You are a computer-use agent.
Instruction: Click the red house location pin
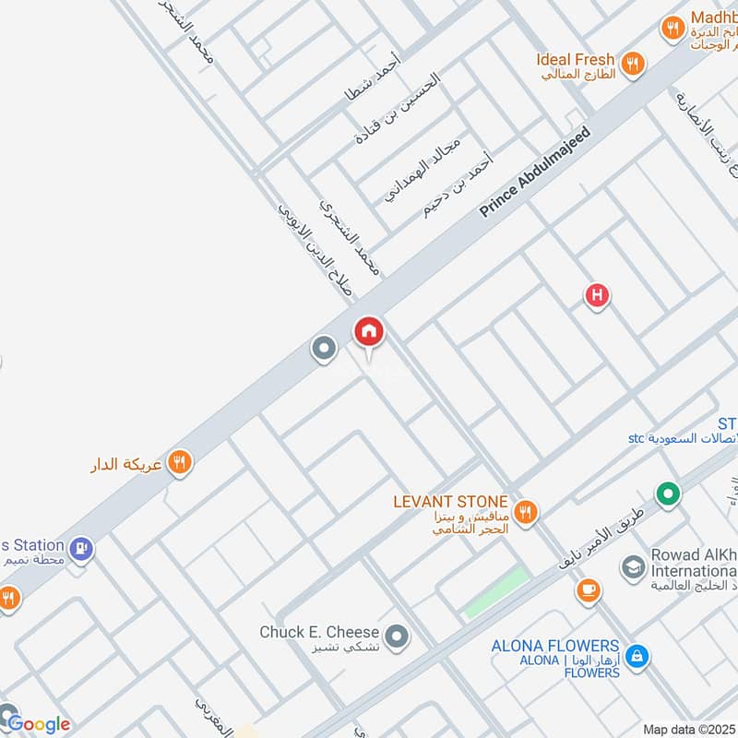coord(369,331)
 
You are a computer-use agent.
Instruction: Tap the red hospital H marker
coord(597,296)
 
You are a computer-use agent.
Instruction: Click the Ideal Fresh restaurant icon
coord(632,63)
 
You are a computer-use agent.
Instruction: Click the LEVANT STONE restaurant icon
coord(526,510)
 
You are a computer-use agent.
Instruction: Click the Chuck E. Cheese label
coord(319,632)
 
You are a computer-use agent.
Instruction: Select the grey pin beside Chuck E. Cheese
coord(397,636)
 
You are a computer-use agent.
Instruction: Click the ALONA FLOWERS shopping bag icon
coord(636,657)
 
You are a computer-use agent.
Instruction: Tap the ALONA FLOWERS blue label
coord(555,646)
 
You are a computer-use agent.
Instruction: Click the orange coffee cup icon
coord(588,589)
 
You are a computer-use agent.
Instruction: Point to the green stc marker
coord(667,494)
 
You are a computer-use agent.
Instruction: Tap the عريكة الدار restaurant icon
coord(181,462)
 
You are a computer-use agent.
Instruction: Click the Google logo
coord(39,724)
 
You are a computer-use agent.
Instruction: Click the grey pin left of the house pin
coord(324,349)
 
